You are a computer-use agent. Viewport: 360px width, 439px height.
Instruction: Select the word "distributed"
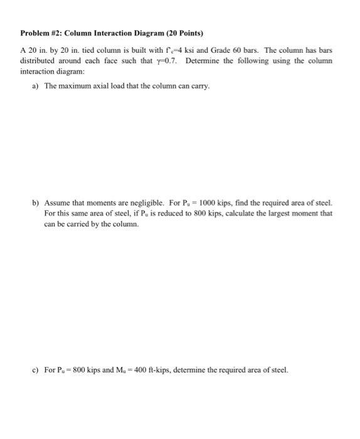point(38,60)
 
